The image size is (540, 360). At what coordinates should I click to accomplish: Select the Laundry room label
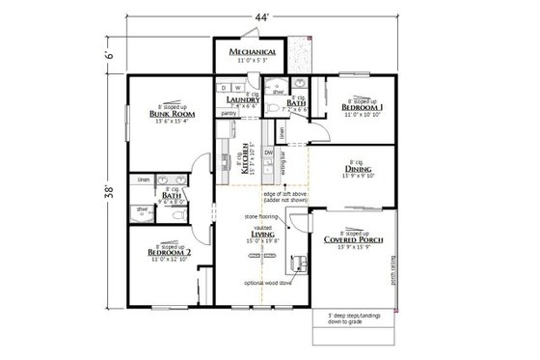coord(239,99)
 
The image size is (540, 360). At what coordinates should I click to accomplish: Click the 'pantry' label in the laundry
coord(229,114)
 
